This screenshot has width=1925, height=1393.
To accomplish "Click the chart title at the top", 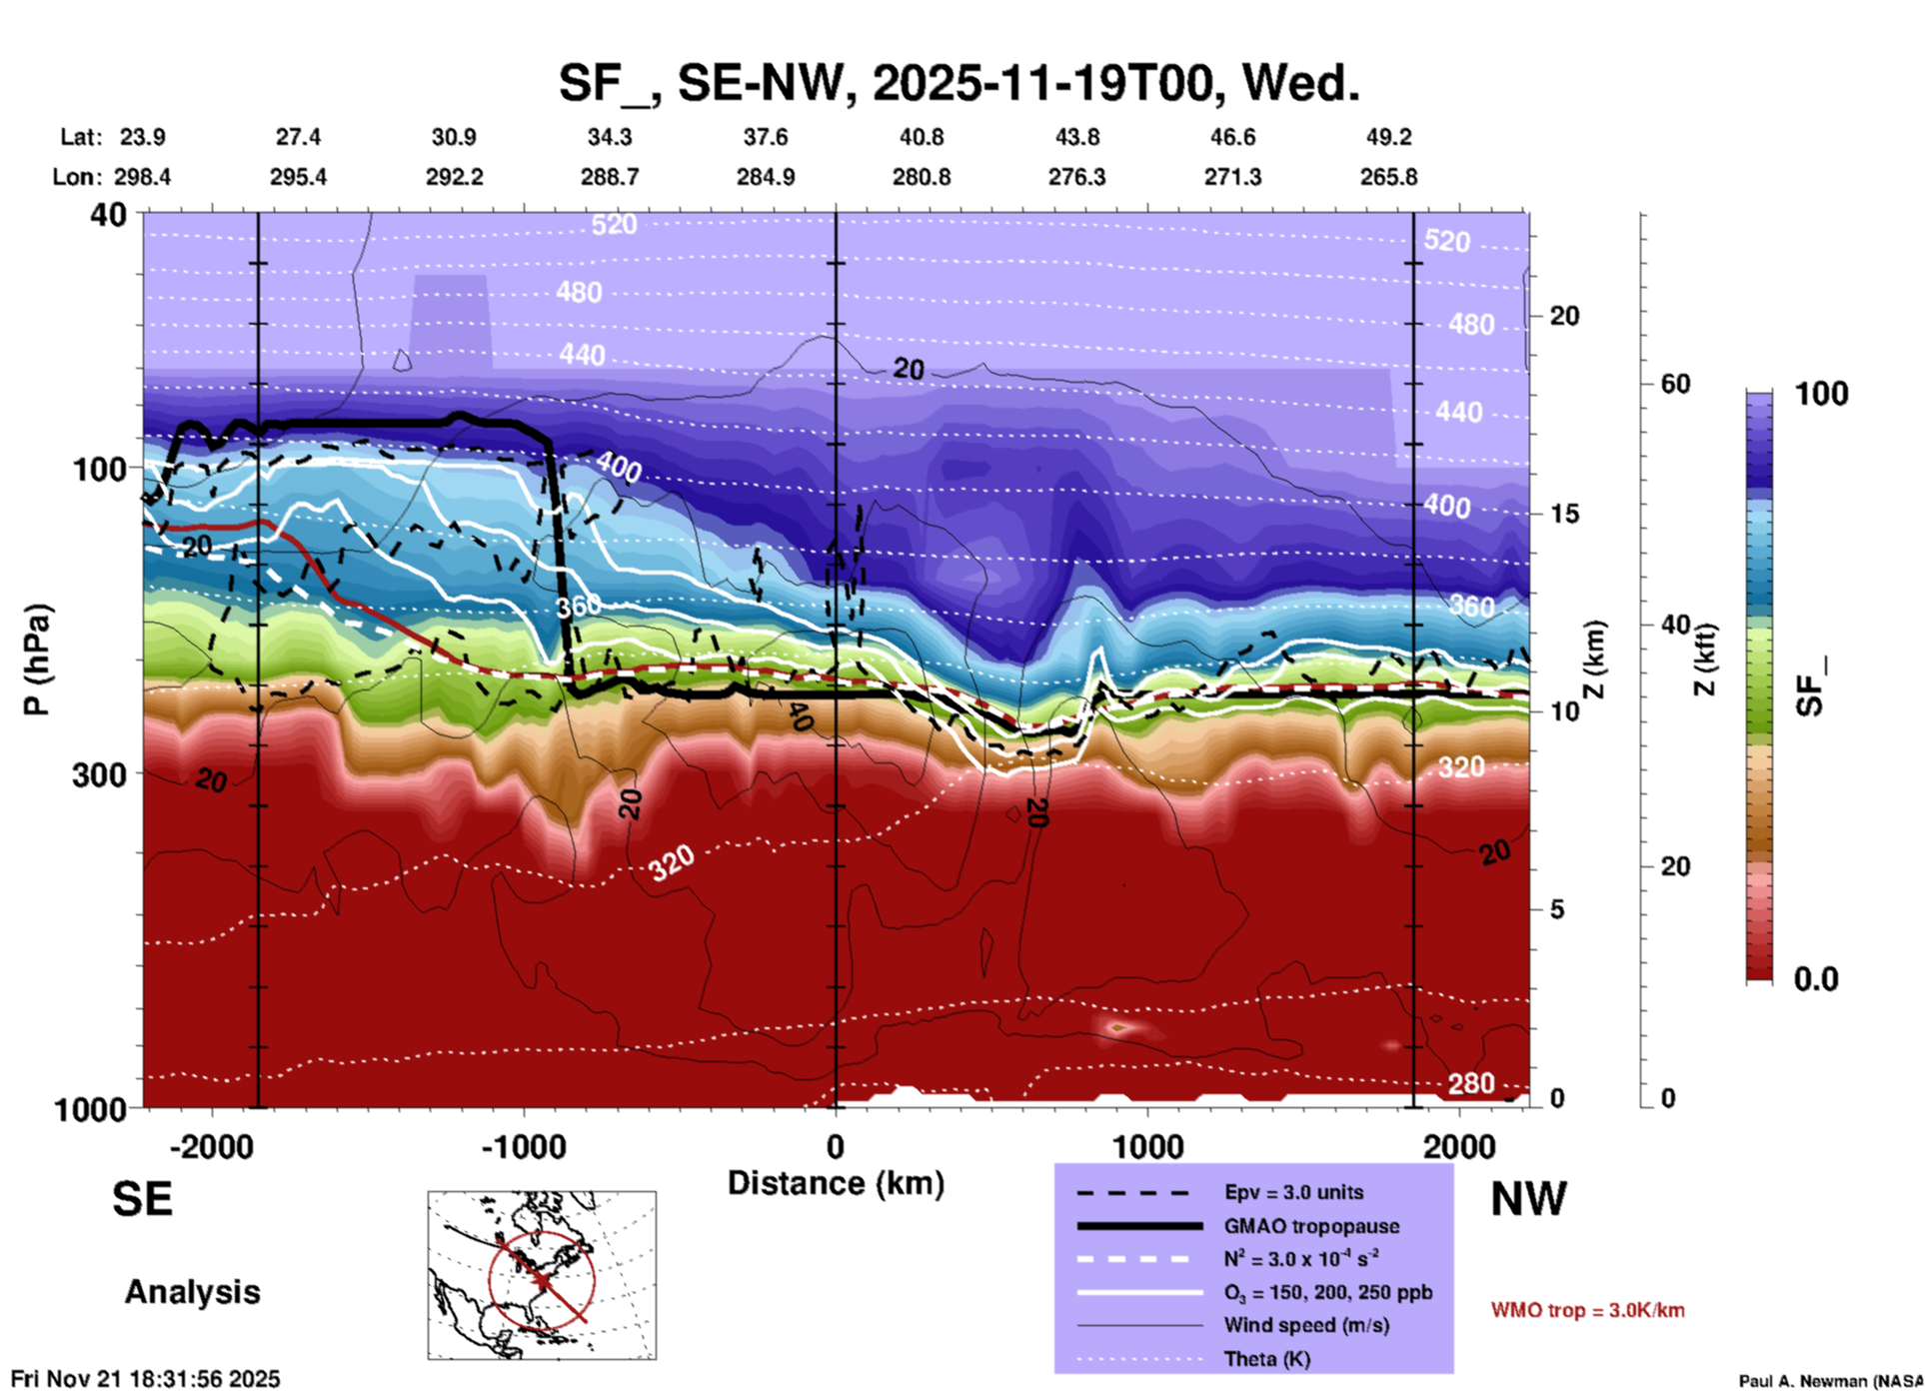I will pyautogui.click(x=959, y=82).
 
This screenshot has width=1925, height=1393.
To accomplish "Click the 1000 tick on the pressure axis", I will pyautogui.click(x=90, y=1109).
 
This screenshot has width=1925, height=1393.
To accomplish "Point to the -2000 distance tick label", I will pyautogui.click(x=211, y=1147).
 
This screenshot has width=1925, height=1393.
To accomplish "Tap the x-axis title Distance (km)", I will pyautogui.click(x=836, y=1183).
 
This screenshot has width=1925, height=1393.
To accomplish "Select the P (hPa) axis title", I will pyautogui.click(x=37, y=660).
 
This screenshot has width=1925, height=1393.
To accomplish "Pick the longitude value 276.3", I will pyautogui.click(x=1076, y=177).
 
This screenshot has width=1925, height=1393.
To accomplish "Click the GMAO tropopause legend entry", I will pyautogui.click(x=1310, y=1226).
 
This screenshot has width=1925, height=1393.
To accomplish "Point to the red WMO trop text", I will pyautogui.click(x=1587, y=1310).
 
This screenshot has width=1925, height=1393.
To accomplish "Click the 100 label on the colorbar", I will pyautogui.click(x=1821, y=394).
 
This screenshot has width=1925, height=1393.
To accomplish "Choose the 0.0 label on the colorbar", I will pyautogui.click(x=1816, y=979).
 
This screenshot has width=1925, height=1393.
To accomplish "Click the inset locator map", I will pyautogui.click(x=542, y=1275).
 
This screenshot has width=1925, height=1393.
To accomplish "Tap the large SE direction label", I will pyautogui.click(x=142, y=1199).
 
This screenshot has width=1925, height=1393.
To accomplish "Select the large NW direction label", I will pyautogui.click(x=1528, y=1199).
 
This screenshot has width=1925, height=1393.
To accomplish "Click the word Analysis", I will pyautogui.click(x=192, y=1292).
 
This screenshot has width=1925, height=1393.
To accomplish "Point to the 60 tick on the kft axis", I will pyautogui.click(x=1675, y=384).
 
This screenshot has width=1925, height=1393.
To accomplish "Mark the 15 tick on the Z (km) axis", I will pyautogui.click(x=1564, y=514).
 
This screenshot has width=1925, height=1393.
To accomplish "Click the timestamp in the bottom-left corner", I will pyautogui.click(x=146, y=1379).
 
